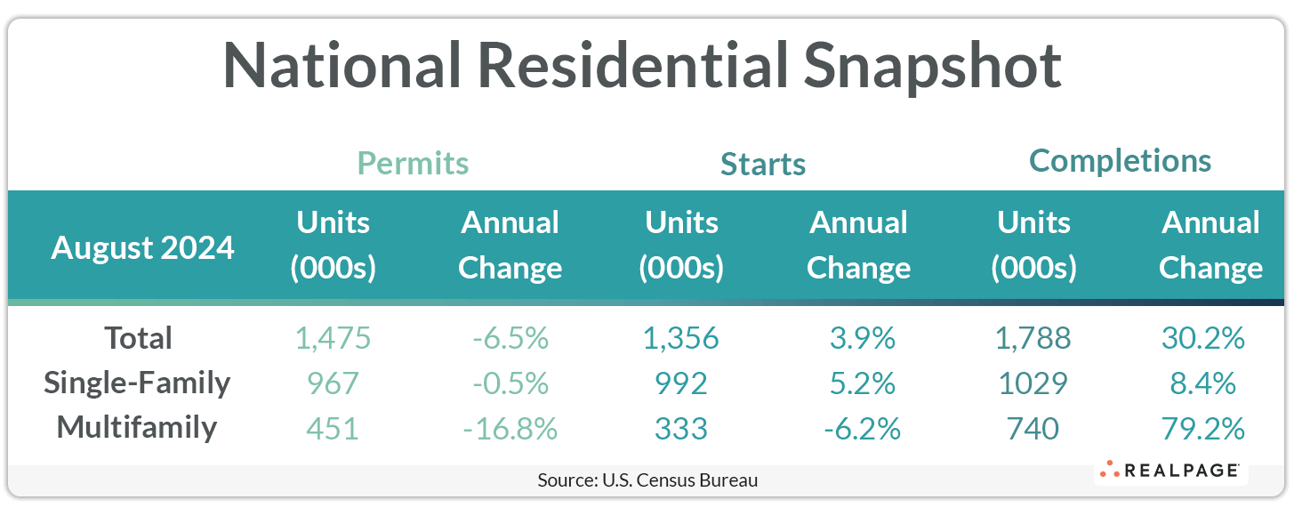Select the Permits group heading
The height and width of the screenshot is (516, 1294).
pyautogui.click(x=413, y=164)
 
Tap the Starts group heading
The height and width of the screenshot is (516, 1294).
pyautogui.click(x=763, y=165)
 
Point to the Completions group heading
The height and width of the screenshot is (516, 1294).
pyautogui.click(x=1120, y=161)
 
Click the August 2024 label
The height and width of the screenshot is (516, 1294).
pyautogui.click(x=142, y=247)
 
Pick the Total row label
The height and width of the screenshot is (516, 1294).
pyautogui.click(x=138, y=338)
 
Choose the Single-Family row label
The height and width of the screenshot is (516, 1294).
pyautogui.click(x=138, y=383)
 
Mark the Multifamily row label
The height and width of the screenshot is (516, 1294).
pyautogui.click(x=137, y=427)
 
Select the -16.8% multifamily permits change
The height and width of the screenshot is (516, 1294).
pyautogui.click(x=510, y=429)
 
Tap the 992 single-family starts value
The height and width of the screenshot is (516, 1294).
pyautogui.click(x=681, y=383)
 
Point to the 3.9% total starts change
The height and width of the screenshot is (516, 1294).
pyautogui.click(x=858, y=338)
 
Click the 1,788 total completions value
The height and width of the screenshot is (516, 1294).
pyautogui.click(x=1033, y=338)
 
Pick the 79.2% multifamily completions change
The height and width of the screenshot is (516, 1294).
pyautogui.click(x=1210, y=429)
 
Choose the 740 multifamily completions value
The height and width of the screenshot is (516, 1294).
pyautogui.click(x=1033, y=429)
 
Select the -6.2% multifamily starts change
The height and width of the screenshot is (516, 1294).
pyautogui.click(x=858, y=429)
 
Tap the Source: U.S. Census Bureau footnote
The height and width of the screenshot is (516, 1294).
pyautogui.click(x=647, y=480)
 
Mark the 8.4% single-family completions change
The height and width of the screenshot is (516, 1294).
pyautogui.click(x=1210, y=383)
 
